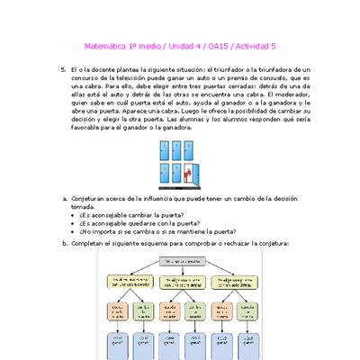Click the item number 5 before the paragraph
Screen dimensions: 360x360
(63, 69)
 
